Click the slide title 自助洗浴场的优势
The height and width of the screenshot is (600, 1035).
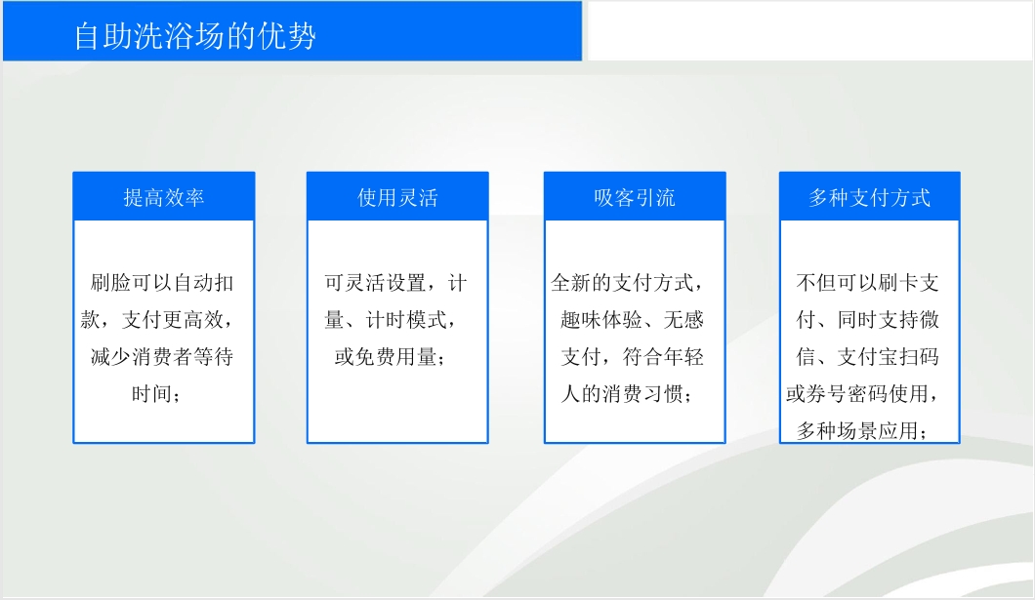pyautogui.click(x=194, y=35)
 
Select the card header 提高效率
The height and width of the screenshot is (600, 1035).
pyautogui.click(x=164, y=197)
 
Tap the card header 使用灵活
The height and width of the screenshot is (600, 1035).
pyautogui.click(x=397, y=197)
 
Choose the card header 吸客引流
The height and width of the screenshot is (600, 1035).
pyautogui.click(x=635, y=197)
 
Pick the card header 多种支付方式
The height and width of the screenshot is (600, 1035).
pyautogui.click(x=869, y=197)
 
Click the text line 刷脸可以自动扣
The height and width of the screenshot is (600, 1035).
pyautogui.click(x=162, y=283)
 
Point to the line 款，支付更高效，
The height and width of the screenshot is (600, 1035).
pyautogui.click(x=157, y=320)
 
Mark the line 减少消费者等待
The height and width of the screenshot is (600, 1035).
pyautogui.click(x=162, y=357)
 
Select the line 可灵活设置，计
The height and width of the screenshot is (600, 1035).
pyautogui.click(x=396, y=283)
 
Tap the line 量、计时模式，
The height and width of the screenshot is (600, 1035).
pyautogui.click(x=391, y=320)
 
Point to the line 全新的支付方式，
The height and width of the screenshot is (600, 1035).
pyautogui.click(x=627, y=283)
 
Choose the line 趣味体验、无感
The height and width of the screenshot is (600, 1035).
pyautogui.click(x=633, y=320)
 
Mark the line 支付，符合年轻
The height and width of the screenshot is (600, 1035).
pyautogui.click(x=633, y=357)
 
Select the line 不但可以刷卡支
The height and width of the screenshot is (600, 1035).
pyautogui.click(x=867, y=283)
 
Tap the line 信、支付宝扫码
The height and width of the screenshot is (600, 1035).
pyautogui.click(x=867, y=357)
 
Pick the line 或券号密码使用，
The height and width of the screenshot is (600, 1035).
pyautogui.click(x=862, y=393)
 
